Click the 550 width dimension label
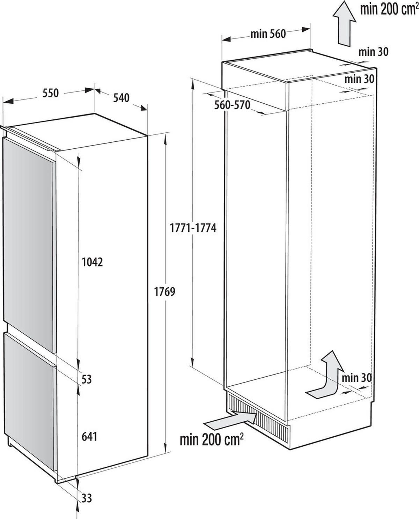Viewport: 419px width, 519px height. [51, 94]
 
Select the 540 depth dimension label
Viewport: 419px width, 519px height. [121, 98]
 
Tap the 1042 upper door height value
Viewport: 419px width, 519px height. [92, 262]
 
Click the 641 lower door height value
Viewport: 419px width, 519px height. [89, 436]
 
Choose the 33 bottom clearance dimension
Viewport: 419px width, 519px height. [86, 498]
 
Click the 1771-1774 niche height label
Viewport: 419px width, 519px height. [193, 228]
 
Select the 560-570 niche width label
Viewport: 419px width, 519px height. [232, 105]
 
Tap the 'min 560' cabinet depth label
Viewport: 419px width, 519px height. [268, 34]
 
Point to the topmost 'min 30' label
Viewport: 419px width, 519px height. [373, 52]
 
